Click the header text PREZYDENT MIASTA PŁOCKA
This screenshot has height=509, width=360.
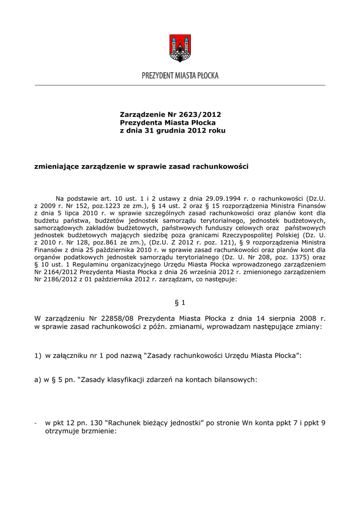tap(180, 76)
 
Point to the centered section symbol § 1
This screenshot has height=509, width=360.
tap(180, 302)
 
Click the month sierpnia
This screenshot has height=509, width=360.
tap(276, 318)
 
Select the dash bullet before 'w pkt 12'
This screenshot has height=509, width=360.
tap(36, 423)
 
